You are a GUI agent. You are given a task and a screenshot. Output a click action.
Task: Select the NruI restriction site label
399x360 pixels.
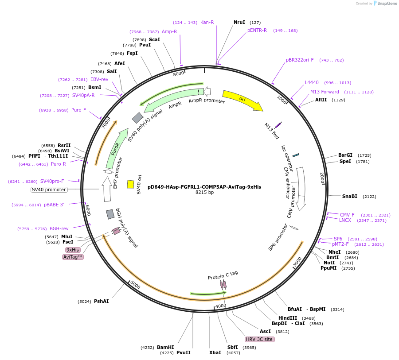(239, 22)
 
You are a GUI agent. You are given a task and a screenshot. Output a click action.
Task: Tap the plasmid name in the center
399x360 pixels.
(204, 187)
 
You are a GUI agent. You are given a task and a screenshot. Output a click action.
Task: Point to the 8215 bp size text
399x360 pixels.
(204, 193)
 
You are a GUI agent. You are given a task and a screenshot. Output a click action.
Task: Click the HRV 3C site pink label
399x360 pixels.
(260, 340)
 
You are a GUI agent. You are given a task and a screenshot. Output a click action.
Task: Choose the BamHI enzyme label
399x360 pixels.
(165, 348)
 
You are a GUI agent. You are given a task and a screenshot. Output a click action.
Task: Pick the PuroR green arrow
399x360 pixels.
(116, 149)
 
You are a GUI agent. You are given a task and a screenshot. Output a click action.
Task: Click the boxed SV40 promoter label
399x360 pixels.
(49, 190)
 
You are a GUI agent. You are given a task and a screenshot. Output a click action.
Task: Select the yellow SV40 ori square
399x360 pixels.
(130, 184)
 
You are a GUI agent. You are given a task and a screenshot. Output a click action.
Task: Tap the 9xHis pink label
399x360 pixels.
(73, 250)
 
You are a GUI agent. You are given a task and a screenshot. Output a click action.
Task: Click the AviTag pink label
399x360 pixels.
(73, 257)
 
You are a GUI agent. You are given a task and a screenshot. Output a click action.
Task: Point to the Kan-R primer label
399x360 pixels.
(207, 22)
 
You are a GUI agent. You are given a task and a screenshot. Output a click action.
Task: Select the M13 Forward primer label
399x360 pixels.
(325, 92)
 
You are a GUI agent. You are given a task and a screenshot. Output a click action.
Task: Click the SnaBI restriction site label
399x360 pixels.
(350, 196)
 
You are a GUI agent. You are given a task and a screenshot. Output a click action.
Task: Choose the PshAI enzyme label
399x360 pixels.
(101, 301)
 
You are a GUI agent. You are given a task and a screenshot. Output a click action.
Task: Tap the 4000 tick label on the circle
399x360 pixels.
(221, 306)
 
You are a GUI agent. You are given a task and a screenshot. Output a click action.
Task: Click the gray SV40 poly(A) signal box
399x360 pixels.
(137, 117)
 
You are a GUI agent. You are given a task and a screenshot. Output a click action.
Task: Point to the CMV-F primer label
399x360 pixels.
(347, 215)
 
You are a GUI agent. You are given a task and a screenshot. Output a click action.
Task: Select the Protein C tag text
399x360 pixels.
(223, 275)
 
